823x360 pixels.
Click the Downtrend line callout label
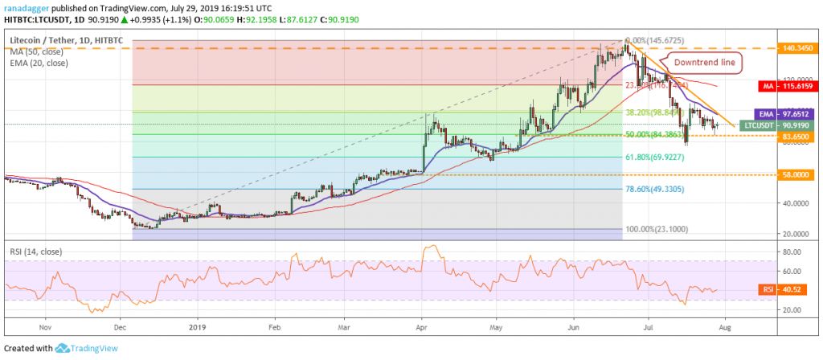click(704, 63)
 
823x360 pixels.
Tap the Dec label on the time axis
click(120, 327)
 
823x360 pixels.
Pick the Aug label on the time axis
click(723, 327)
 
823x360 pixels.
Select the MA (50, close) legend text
click(36, 50)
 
